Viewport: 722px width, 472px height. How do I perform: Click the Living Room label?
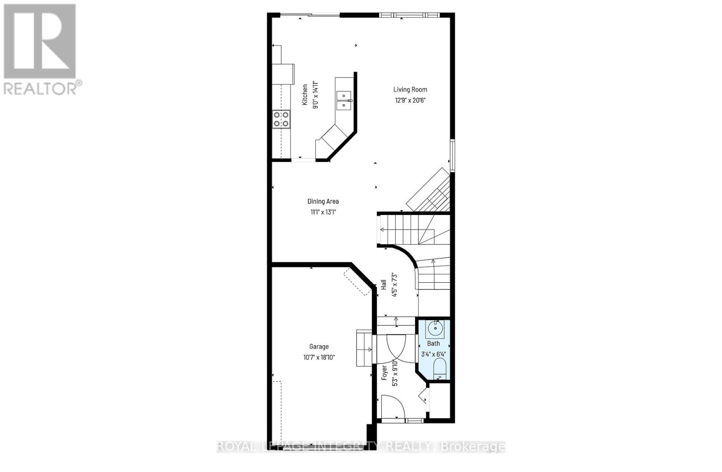(410, 89)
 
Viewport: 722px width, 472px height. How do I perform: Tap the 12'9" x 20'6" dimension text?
(410, 100)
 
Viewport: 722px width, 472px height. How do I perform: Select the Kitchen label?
(305, 95)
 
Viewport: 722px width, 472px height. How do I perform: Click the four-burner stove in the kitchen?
(281, 119)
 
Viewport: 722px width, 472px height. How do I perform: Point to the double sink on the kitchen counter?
(344, 100)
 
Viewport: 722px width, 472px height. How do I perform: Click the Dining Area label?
(323, 201)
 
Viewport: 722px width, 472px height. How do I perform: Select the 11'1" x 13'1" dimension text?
(323, 211)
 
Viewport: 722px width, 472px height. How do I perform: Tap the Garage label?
(319, 346)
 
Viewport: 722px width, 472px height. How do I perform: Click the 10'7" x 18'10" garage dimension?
(319, 357)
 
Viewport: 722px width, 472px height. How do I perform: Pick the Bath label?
(433, 343)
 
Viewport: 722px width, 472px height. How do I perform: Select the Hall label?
(384, 284)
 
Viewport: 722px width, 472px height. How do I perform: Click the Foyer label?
(384, 372)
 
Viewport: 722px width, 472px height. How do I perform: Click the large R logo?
(40, 41)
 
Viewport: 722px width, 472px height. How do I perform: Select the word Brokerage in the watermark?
(472, 447)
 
